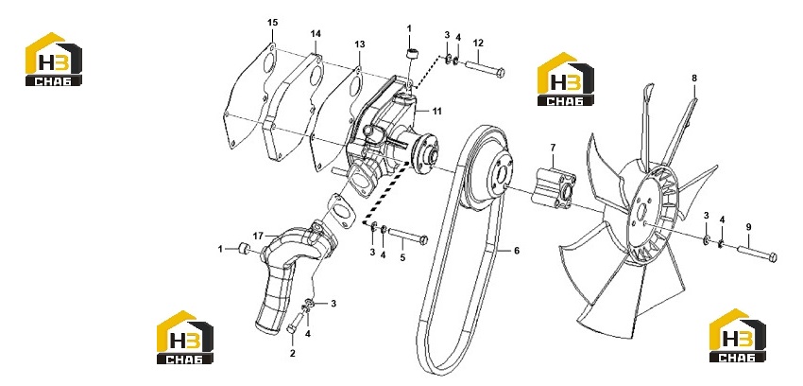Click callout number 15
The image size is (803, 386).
tap(272, 22)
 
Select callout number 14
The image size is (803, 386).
tap(316, 34)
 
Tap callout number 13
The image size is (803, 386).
tap(360, 44)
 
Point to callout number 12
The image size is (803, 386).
tap(478, 43)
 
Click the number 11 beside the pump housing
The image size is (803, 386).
tap(436, 111)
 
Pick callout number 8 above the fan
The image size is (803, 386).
tap(694, 79)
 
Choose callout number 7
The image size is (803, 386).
tap(553, 148)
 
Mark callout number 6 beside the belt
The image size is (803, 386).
tap(517, 251)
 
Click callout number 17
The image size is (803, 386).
tap(258, 236)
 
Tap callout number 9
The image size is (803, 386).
tap(748, 226)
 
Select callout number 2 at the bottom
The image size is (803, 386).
tap(293, 353)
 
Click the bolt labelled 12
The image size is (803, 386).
tap(485, 69)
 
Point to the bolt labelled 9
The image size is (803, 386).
tap(757, 254)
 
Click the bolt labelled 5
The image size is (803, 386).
tap(408, 236)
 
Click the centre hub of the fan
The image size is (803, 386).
tap(642, 211)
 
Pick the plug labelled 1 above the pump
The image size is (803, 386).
tap(410, 53)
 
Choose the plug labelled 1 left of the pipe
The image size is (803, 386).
tap(245, 249)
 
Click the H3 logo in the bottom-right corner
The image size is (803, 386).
tap(738, 335)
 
